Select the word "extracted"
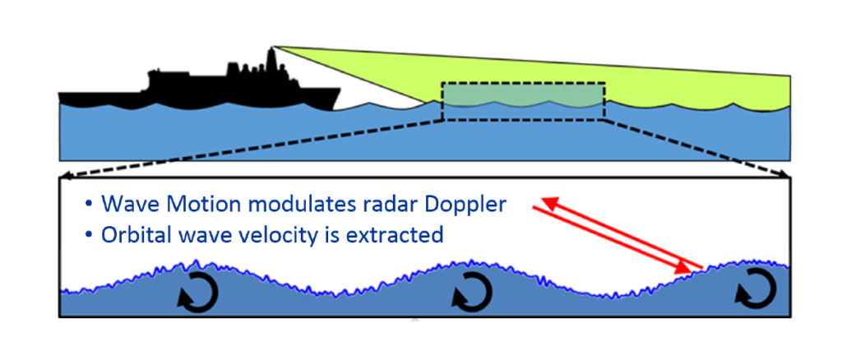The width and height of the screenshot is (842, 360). [401, 235]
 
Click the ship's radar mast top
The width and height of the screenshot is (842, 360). [271, 51]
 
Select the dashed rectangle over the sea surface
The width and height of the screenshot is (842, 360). [523, 101]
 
